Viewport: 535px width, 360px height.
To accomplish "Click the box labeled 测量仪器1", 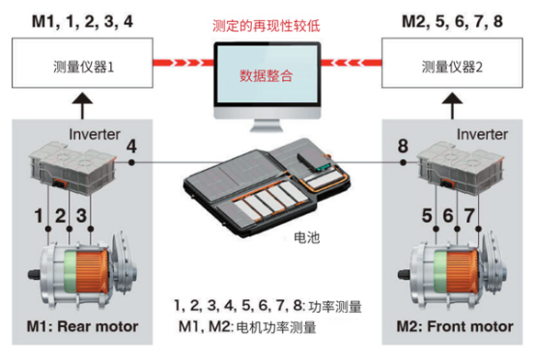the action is pos(82,63).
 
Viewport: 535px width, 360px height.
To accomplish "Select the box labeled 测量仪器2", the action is pos(452,63).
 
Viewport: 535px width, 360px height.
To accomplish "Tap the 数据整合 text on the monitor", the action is pos(267,75).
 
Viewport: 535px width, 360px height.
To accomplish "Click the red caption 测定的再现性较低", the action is pos(267,26).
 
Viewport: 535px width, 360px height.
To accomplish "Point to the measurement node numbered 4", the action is pos(131,162).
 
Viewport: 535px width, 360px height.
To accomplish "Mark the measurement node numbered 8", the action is pos(403,162).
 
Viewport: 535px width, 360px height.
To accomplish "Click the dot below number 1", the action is pos(48,229).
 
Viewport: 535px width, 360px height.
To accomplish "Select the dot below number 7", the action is pos(478,229).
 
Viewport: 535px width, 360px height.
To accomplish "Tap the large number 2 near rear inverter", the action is pos(61,216).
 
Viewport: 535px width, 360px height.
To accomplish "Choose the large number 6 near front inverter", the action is pos(448,216).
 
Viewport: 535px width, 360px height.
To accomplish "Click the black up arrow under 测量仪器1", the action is pos(82,105).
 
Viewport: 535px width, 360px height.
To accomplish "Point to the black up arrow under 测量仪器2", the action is pos(452,105).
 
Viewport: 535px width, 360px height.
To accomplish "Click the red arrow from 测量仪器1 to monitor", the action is pos(183,63).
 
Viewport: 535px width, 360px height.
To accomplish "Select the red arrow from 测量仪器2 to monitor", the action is pos(352,63).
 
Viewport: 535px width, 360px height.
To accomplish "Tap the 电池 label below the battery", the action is pos(307,237).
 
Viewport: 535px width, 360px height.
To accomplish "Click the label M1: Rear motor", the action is pos(83,326).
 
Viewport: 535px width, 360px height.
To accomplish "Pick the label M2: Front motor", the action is pos(455,326).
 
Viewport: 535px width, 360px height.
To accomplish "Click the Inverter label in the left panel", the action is pos(95,134).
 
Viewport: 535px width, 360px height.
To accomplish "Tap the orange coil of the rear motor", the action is pos(92,272).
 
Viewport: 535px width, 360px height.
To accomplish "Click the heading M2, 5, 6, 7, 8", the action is pos(452,21).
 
